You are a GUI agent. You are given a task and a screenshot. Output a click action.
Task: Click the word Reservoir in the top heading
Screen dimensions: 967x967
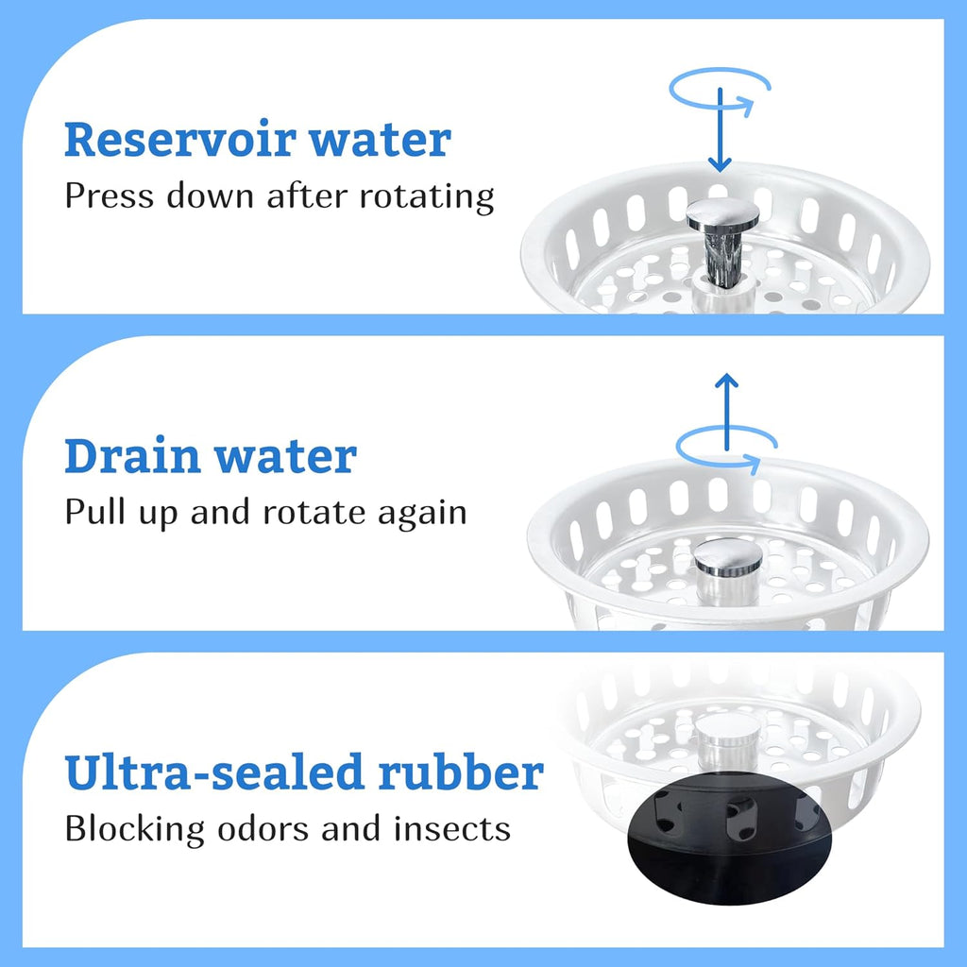180,139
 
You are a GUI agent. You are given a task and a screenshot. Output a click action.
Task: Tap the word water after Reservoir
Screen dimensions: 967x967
380,141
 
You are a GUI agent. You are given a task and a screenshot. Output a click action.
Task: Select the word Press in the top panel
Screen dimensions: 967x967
110,195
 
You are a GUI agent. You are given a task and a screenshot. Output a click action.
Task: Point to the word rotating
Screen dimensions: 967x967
427,197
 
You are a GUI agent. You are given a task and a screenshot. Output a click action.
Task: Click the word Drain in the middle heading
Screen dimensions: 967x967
132,456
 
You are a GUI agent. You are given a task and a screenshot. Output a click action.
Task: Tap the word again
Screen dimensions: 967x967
422,515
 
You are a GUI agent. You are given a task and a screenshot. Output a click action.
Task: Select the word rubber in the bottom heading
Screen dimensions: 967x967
461,772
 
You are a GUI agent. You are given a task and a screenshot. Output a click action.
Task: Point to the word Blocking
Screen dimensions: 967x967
134,829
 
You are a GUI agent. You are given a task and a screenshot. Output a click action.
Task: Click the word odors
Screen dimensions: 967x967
263,829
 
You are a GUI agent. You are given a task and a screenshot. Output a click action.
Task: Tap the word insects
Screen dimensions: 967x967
452,829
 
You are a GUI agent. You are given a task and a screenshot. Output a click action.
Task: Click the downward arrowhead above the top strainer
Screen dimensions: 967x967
720,164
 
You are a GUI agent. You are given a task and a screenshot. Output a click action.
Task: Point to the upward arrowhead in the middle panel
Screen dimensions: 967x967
726,381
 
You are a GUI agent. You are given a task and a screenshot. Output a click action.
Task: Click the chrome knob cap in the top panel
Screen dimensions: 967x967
722,213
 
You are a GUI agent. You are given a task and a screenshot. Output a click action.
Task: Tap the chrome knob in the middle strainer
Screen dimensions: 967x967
728,557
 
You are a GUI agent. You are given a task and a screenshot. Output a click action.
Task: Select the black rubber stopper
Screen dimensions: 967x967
730,838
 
